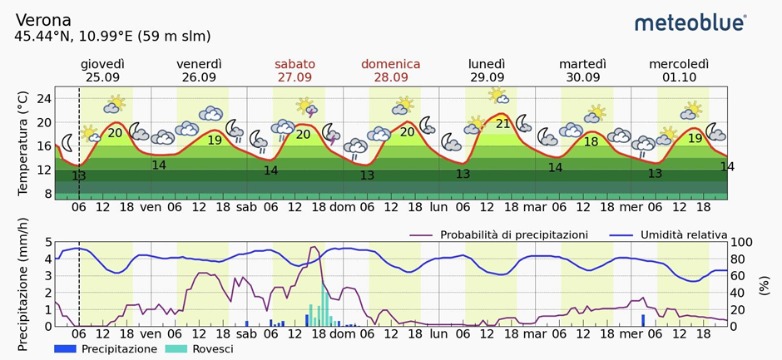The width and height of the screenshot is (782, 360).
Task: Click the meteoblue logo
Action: coord(690,22)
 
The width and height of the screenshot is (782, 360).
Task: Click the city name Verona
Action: coord(43,20)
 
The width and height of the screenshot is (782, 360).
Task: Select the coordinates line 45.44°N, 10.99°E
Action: coord(112,37)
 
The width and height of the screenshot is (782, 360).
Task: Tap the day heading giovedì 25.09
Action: coord(103,71)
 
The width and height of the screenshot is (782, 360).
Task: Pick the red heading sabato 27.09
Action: coord(294,71)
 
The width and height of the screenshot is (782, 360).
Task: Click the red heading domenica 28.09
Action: coord(390,71)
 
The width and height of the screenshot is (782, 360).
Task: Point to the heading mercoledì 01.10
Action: coord(678,71)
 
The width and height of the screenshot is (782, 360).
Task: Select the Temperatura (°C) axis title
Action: coord(22,144)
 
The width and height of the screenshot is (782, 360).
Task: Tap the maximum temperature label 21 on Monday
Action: coord(502,124)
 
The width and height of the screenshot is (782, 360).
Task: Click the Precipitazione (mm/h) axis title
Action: coord(22,283)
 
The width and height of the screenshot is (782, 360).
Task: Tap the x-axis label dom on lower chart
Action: coord(342,336)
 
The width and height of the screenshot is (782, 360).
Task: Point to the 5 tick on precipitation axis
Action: coord(47,242)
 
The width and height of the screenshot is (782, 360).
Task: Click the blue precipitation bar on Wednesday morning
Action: coord(643,320)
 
